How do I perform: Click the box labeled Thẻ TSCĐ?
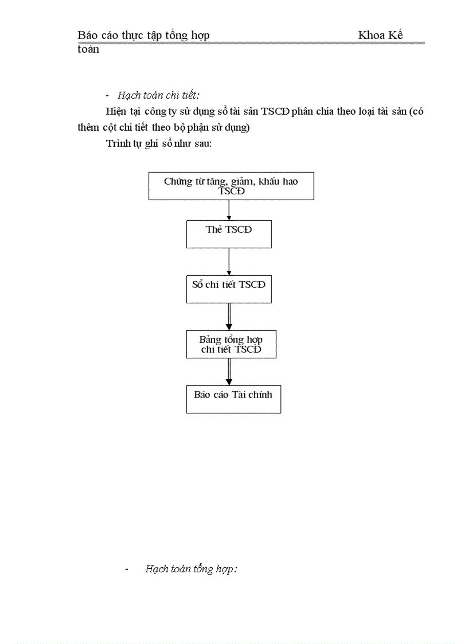tap(229, 234)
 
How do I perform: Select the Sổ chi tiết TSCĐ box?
tap(229, 289)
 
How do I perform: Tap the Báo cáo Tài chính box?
tap(233, 399)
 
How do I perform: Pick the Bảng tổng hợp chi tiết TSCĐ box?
tap(231, 344)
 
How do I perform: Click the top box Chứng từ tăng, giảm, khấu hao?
tap(231, 186)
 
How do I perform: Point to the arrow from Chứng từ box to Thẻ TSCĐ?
tap(229, 210)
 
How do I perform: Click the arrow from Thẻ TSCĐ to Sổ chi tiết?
tap(229, 261)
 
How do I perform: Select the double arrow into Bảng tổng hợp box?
tap(229, 317)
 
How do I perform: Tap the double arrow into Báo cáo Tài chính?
tap(229, 372)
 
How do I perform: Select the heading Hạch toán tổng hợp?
tap(191, 569)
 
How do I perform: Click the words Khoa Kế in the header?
tap(380, 36)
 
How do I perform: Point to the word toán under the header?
tap(88, 49)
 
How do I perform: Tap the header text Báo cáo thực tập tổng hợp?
tap(143, 36)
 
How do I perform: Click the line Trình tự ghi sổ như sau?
tap(159, 143)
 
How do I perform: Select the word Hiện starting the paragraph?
tap(115, 111)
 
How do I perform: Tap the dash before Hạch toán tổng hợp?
tap(127, 569)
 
